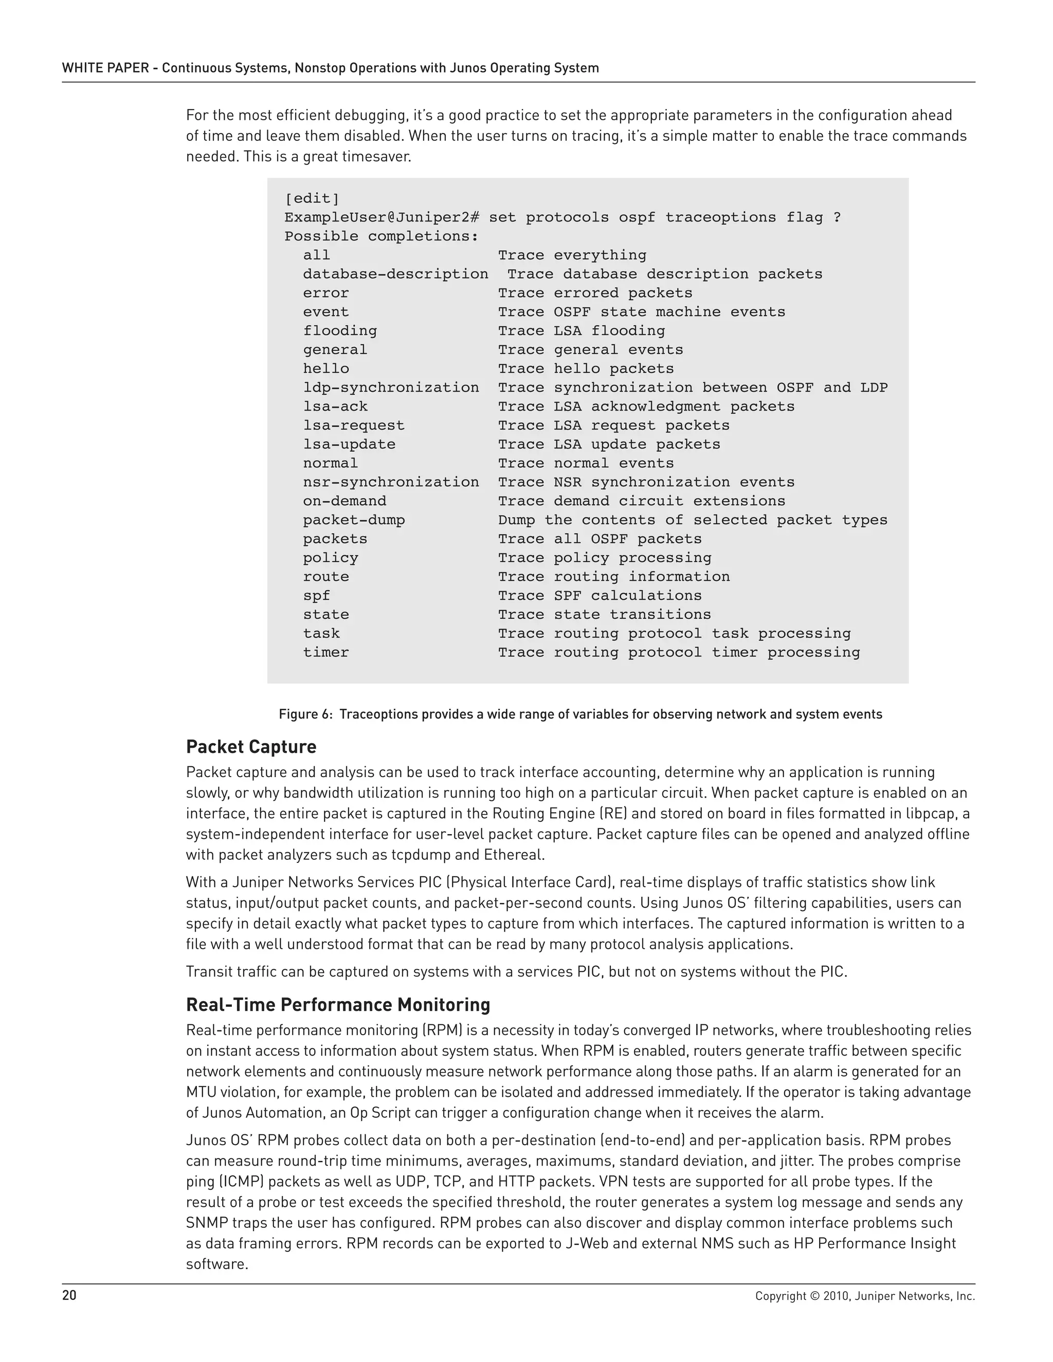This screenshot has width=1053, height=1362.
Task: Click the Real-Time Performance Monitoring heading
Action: pos(337,1005)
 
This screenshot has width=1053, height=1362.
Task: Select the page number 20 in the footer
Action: pos(69,1295)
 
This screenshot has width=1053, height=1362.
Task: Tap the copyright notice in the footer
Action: pos(865,1296)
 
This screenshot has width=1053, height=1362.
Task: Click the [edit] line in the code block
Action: pos(312,198)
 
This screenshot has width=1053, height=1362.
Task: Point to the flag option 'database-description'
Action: pos(395,274)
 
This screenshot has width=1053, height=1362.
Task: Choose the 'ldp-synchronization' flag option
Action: pos(391,388)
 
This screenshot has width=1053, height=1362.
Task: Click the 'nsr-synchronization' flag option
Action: pos(391,482)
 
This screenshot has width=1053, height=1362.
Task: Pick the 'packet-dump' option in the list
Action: pos(354,520)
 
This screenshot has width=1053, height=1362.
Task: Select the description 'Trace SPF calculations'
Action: pos(600,596)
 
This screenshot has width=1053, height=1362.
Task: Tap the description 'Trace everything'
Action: pos(572,255)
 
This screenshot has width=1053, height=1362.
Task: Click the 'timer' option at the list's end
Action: pos(325,652)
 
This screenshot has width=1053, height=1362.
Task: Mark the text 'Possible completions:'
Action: pos(381,236)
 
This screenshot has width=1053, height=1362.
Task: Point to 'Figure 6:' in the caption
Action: pos(306,714)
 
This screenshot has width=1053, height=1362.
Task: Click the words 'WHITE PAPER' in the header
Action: pos(103,68)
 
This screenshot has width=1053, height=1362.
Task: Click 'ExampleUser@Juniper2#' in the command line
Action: pos(382,217)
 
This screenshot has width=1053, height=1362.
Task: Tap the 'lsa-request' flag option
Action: pos(354,426)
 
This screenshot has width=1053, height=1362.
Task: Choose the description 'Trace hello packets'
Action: pos(586,369)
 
